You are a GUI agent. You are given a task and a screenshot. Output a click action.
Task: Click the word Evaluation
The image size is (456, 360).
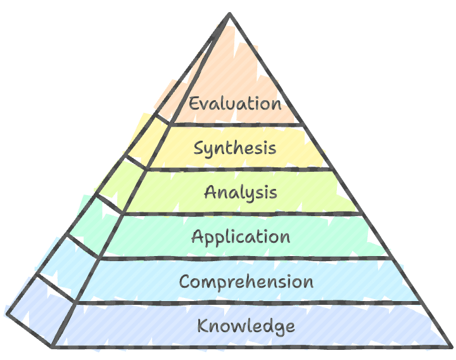point(235,103)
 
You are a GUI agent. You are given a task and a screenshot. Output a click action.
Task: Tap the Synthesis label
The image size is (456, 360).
point(235,148)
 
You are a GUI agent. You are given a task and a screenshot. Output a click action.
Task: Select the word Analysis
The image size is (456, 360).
point(241,193)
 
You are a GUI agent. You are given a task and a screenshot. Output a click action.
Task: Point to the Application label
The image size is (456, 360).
point(241,237)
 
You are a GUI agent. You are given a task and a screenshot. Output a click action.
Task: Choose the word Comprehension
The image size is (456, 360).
point(246,281)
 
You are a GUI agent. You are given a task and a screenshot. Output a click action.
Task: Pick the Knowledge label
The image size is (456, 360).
point(246,326)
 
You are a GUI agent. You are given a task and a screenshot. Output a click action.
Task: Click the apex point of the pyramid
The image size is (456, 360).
point(230,14)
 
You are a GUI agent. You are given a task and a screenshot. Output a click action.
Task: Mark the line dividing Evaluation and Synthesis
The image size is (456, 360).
point(236,125)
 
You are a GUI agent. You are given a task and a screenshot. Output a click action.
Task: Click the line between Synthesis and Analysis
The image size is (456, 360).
point(239,169)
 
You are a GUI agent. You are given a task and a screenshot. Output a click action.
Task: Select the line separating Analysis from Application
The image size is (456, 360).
point(242,214)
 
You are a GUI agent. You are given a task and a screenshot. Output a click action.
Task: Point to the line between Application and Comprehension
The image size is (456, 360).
point(244,259)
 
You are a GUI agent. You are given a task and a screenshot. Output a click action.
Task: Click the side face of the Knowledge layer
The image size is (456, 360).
point(41,311)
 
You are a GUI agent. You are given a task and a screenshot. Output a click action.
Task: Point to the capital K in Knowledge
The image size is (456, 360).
point(203,325)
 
